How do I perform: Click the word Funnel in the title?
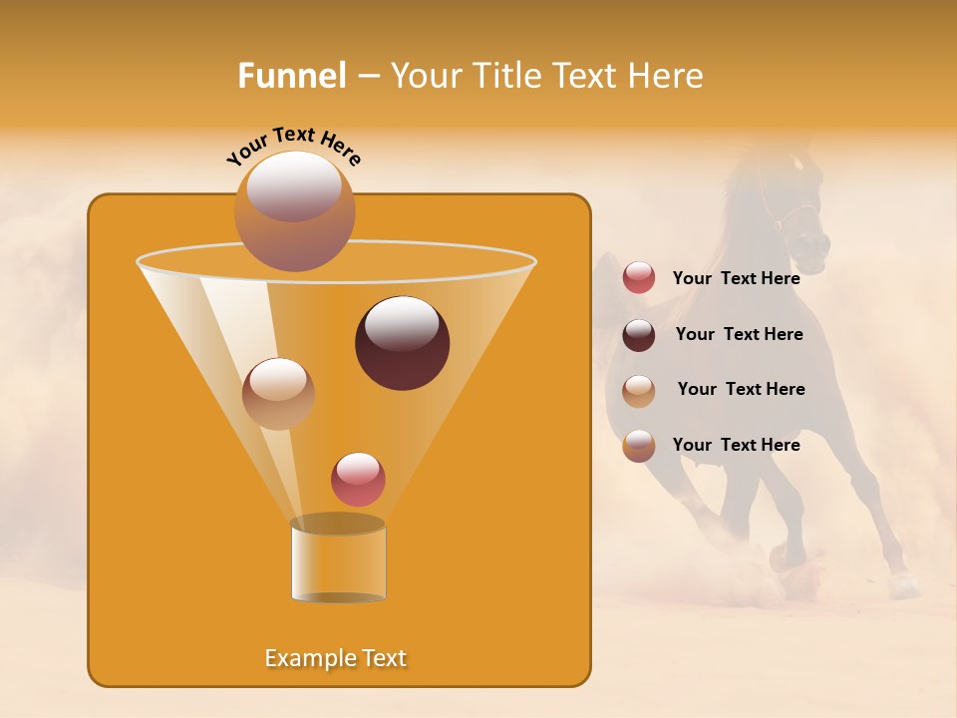291,76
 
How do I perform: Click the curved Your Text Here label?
293,144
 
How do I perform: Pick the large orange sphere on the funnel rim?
294,211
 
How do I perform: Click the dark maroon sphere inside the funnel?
402,343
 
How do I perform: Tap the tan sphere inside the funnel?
278,393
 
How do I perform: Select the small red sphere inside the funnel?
358,479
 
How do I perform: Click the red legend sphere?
639,278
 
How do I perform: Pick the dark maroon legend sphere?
639,335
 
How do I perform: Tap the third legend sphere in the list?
639,390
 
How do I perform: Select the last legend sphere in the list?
639,445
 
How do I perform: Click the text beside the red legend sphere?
736,278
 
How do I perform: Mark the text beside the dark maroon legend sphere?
739,334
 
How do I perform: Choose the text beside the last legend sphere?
736,445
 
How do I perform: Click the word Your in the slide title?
426,76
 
